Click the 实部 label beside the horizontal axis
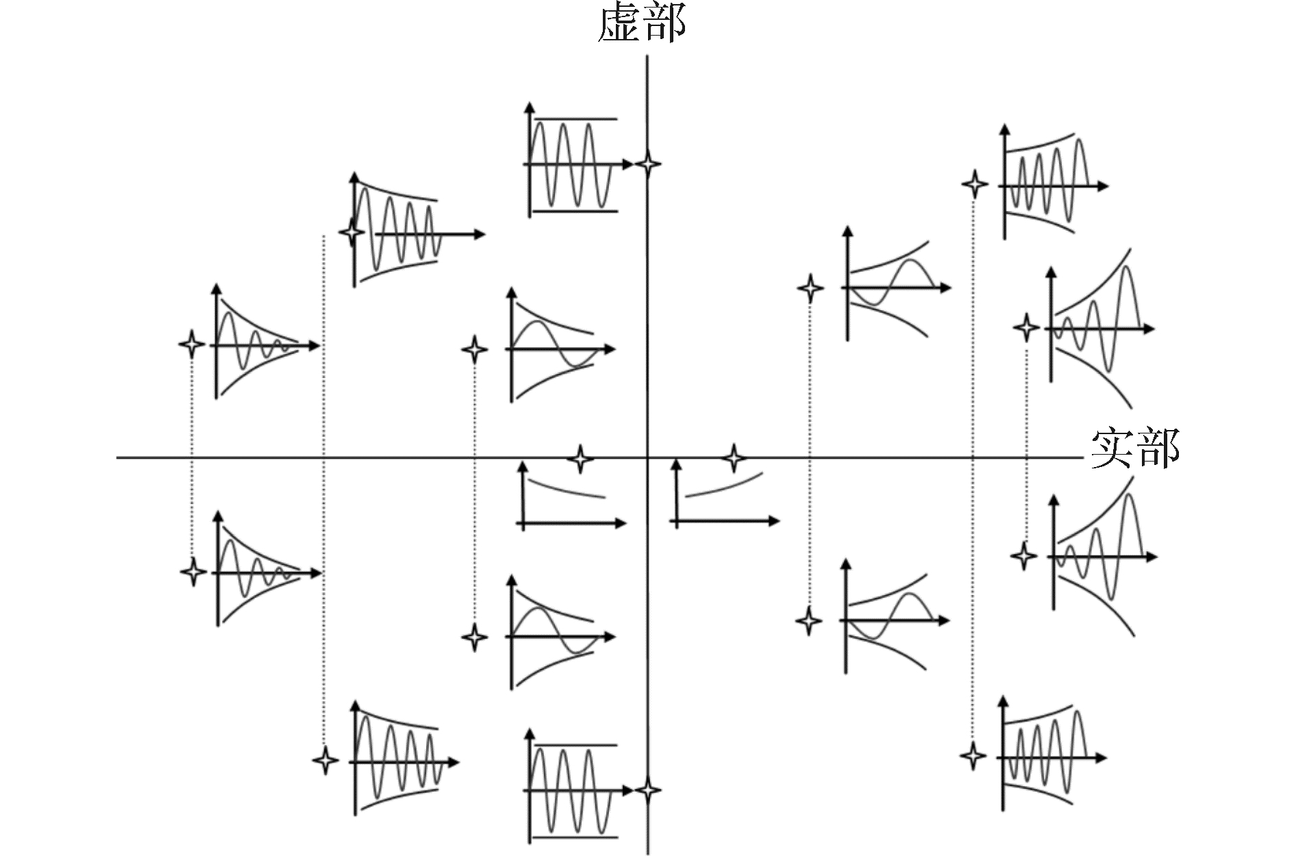(x=1134, y=449)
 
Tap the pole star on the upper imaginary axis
(x=647, y=164)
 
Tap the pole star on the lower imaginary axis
(x=647, y=790)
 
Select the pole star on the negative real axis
(x=581, y=458)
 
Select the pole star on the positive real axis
(x=734, y=457)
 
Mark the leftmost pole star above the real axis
(x=191, y=344)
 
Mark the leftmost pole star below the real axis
(x=193, y=571)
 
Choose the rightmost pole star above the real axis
(x=1025, y=328)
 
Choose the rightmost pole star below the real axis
(x=1023, y=555)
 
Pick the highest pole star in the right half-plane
(x=974, y=184)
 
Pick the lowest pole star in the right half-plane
(x=973, y=756)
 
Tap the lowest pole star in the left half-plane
(x=325, y=760)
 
